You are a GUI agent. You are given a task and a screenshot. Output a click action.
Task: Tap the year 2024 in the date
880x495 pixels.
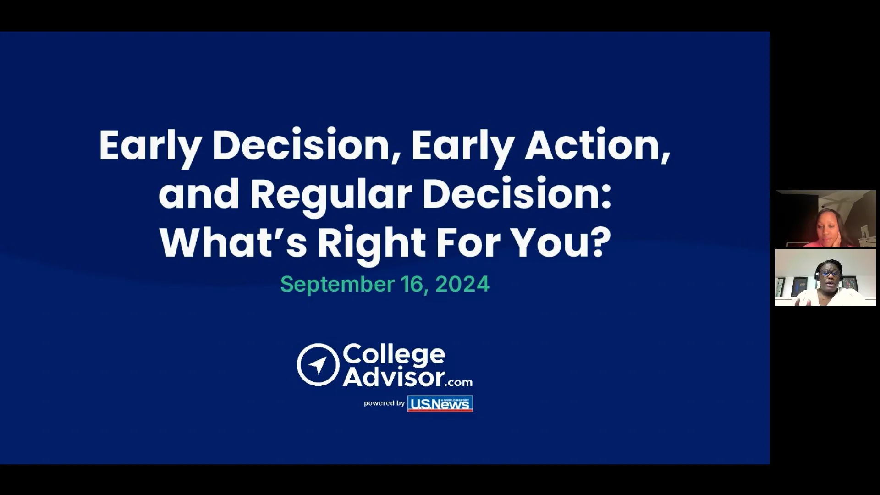tap(462, 284)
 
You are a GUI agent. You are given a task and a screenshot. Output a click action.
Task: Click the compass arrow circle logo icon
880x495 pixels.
tap(318, 365)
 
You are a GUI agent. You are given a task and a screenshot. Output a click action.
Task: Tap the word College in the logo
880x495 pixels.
tap(394, 355)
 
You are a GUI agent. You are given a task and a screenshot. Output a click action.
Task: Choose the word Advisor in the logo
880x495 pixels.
tap(394, 377)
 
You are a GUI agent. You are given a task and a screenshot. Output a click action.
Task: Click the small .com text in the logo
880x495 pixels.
tap(459, 382)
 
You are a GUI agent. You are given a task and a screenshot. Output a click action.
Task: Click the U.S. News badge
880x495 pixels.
tap(440, 403)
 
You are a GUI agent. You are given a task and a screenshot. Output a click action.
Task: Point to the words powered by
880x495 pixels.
tap(384, 403)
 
